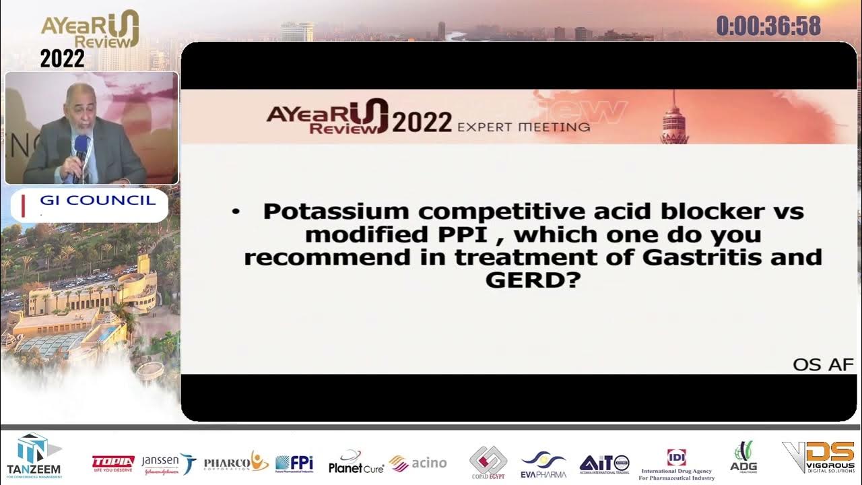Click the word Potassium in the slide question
click(x=335, y=212)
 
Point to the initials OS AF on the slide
click(x=823, y=365)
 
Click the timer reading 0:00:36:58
click(x=768, y=26)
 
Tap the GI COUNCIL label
click(x=98, y=200)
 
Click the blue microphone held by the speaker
click(x=81, y=146)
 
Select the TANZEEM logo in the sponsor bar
click(x=33, y=455)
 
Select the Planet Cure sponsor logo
click(x=356, y=462)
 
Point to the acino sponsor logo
click(x=418, y=463)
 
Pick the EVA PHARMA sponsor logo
click(x=543, y=463)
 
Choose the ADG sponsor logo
click(x=743, y=457)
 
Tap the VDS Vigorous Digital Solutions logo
click(x=818, y=457)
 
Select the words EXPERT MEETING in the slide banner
click(x=523, y=126)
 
